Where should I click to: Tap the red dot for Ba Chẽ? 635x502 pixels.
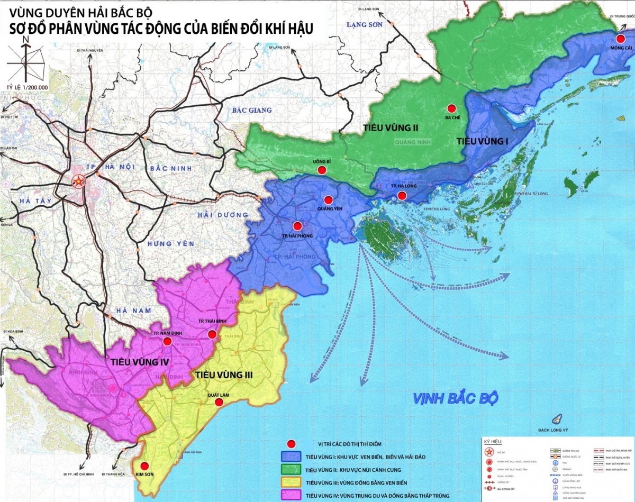(x=451, y=107)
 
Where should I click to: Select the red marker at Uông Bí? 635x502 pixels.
(x=321, y=170)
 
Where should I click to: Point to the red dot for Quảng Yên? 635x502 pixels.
(x=328, y=200)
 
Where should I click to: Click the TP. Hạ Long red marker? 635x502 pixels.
(x=402, y=196)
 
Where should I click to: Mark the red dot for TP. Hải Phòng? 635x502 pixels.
(x=297, y=226)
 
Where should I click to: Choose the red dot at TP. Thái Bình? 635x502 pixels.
(x=212, y=334)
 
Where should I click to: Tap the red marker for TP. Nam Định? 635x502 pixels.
(x=167, y=342)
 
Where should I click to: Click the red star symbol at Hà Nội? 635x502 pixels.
(x=78, y=182)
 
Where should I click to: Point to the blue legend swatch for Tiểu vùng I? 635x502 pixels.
(x=291, y=456)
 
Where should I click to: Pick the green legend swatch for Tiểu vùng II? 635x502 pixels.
(x=291, y=469)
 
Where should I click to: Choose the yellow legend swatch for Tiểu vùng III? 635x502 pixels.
(x=291, y=482)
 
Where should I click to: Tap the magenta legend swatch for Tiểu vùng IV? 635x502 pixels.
(x=291, y=495)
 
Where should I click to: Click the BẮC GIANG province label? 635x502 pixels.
(x=252, y=110)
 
